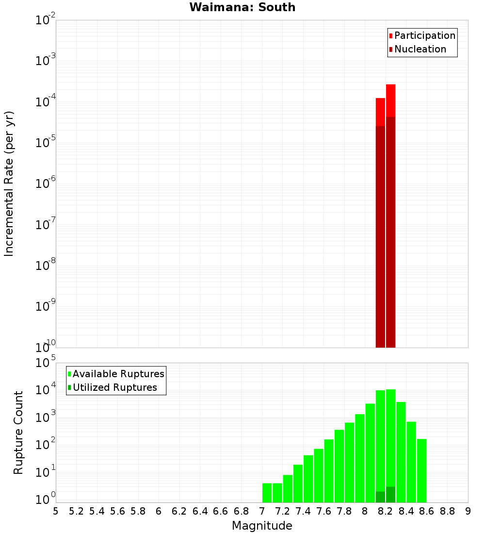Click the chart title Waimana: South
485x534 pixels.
[x=242, y=7]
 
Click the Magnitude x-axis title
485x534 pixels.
[x=262, y=526]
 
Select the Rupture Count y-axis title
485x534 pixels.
[x=18, y=433]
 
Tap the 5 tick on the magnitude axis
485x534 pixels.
[x=56, y=511]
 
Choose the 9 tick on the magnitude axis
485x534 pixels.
[x=468, y=511]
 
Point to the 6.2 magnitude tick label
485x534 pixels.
[x=179, y=511]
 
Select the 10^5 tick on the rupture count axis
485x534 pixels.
[x=47, y=364]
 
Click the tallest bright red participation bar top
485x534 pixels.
[x=391, y=86]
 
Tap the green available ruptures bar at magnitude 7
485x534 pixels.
[x=267, y=493]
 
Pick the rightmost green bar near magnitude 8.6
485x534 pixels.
[x=421, y=470]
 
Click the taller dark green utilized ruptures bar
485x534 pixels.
[x=391, y=494]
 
